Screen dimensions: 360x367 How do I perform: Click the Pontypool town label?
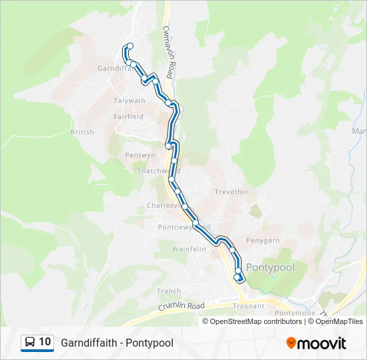pyautogui.click(x=270, y=267)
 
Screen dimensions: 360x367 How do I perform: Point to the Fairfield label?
pyautogui.click(x=128, y=117)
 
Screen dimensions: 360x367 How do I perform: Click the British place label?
pyautogui.click(x=82, y=132)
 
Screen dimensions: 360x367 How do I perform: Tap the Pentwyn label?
pyautogui.click(x=140, y=155)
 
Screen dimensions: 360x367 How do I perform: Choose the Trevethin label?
pyautogui.click(x=232, y=192)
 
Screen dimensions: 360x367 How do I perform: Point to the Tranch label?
pyautogui.click(x=169, y=291)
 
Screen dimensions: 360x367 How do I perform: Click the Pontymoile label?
pyautogui.click(x=294, y=313)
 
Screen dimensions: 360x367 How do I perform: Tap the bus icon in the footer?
pyautogui.click(x=30, y=342)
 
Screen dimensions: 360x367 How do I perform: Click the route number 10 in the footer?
pyautogui.click(x=45, y=342)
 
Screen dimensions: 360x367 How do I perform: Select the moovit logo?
pyautogui.click(x=316, y=343)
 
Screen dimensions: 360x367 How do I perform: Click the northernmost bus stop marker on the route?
pyautogui.click(x=130, y=46)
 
